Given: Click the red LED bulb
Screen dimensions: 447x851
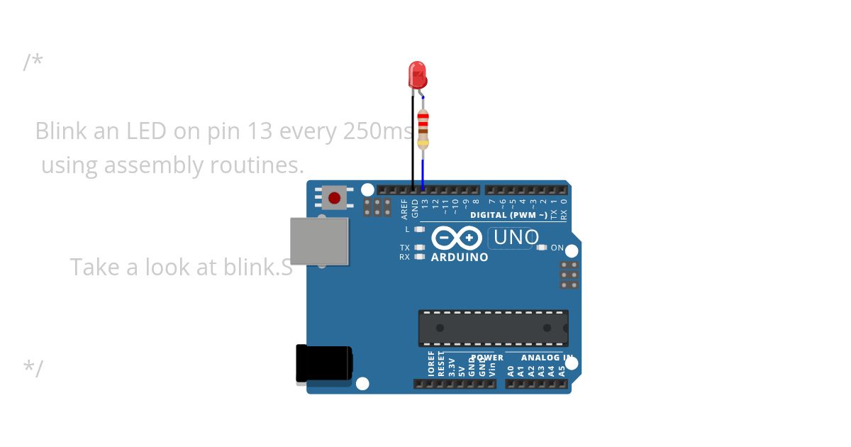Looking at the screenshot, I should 417,74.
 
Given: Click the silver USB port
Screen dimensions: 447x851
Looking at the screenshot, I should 319,241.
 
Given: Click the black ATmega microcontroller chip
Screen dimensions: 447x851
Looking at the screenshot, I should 493,328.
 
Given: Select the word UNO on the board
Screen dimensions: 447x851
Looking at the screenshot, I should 516,237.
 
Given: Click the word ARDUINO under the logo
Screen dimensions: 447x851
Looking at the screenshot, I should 460,258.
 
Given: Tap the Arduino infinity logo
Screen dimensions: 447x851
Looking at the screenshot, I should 457,238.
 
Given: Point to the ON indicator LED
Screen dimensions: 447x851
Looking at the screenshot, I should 543,248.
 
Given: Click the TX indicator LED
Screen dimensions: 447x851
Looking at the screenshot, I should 420,248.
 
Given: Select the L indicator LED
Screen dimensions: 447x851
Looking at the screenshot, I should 420,229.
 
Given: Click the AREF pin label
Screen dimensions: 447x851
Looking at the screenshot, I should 405,208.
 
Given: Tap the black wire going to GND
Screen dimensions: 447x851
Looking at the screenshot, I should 413,142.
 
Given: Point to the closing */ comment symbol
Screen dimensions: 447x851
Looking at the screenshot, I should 33,368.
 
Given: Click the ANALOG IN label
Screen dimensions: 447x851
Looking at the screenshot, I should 547,358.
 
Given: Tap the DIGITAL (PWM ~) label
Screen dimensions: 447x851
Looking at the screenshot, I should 509,215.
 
